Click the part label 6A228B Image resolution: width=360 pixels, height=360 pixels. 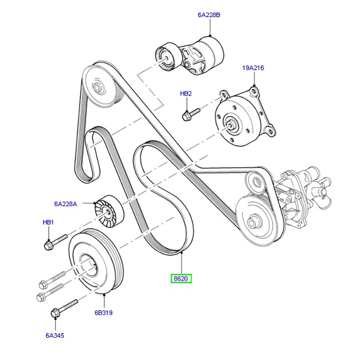[209, 15]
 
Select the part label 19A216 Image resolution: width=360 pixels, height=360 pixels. [253, 68]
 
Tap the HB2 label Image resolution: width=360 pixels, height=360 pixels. [186, 94]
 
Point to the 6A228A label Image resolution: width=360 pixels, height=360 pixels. [66, 204]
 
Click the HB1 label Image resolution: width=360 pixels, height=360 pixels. [48, 222]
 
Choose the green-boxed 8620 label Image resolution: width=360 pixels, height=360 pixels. [181, 279]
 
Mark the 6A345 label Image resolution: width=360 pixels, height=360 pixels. [54, 335]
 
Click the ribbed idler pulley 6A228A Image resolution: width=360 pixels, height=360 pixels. [106, 211]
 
